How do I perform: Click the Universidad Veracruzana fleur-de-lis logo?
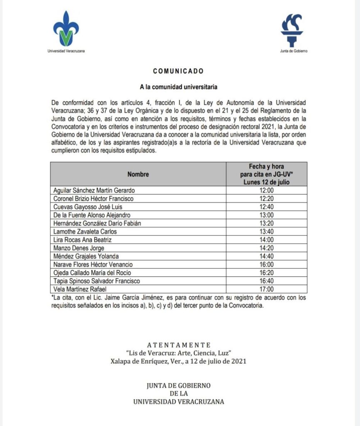[66, 30]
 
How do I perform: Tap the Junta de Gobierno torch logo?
[294, 30]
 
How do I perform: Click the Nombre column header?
[138, 174]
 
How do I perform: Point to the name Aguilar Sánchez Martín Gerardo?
[94, 191]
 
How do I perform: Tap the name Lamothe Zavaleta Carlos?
[85, 231]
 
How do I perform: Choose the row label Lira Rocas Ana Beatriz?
[83, 240]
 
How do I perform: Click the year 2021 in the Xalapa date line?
[238, 361]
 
